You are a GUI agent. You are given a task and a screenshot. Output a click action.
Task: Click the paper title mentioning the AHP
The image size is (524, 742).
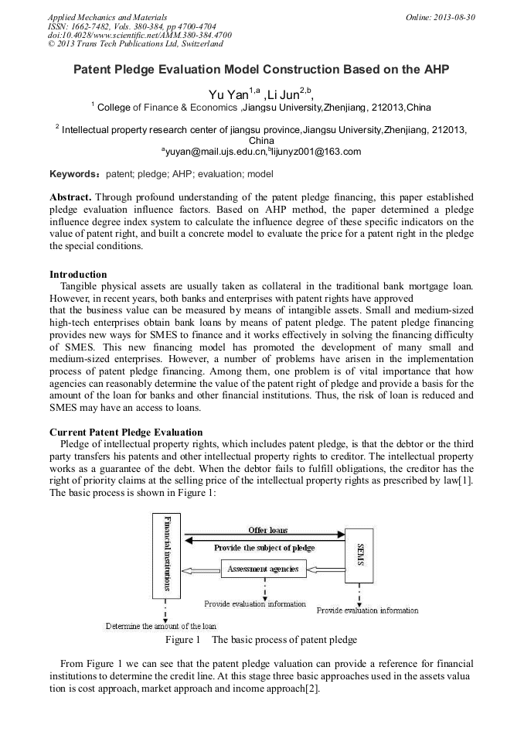(261, 70)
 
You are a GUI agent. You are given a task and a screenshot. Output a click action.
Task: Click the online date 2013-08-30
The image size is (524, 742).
(448, 16)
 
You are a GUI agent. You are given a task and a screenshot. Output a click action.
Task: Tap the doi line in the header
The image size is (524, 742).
(139, 35)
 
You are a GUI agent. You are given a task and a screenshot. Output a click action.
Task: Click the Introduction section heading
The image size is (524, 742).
(78, 275)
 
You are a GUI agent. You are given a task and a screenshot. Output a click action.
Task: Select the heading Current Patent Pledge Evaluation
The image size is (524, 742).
(126, 432)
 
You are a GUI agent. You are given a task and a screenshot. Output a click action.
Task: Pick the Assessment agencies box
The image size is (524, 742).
(264, 570)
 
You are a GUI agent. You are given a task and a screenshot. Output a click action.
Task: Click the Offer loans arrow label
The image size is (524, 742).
(267, 530)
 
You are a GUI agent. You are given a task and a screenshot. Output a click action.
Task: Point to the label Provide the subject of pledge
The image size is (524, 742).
(264, 548)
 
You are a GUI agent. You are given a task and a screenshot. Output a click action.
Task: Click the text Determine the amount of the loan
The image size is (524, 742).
(161, 625)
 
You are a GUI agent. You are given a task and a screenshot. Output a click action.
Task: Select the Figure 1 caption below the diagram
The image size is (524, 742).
(261, 640)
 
